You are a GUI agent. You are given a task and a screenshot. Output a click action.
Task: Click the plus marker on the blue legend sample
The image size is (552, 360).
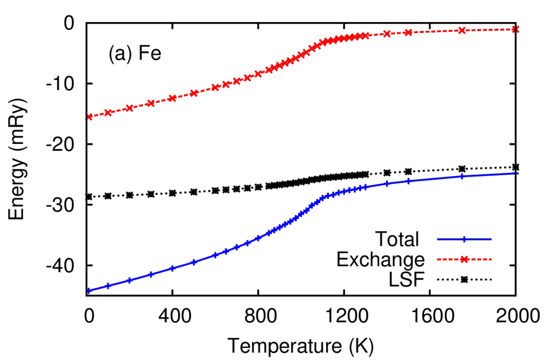tap(464, 239)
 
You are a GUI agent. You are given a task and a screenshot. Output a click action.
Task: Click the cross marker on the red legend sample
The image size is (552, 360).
tap(464, 260)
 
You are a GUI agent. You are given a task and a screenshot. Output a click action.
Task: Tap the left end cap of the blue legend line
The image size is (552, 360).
tap(437, 239)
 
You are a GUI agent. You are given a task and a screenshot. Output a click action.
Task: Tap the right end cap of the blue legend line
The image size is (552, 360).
tap(492, 239)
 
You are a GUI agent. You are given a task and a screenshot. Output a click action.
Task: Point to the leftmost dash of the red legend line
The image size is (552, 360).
tap(439, 260)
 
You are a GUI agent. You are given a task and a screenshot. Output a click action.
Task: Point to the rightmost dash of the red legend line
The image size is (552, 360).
tap(489, 260)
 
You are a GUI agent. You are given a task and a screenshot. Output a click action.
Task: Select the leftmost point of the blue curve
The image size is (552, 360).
tap(88, 290)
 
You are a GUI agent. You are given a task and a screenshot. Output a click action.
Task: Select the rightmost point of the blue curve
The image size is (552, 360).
tap(517, 174)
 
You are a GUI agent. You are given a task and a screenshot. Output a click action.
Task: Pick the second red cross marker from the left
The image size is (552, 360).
tap(108, 113)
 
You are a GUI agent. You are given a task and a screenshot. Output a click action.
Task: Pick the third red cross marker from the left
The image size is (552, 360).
tap(129, 108)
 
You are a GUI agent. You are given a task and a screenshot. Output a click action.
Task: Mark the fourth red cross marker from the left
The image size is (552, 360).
tap(151, 103)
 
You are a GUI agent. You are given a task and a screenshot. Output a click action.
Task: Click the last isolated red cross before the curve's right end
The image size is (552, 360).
tap(463, 31)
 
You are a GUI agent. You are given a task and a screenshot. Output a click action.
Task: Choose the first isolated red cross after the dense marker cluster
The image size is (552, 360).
tap(387, 34)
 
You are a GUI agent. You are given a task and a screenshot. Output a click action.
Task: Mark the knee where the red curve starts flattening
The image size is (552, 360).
tap(323, 42)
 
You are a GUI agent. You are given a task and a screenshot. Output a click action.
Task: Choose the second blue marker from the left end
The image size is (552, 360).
tap(107, 286)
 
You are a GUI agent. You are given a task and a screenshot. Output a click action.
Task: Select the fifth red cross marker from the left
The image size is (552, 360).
tap(172, 98)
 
